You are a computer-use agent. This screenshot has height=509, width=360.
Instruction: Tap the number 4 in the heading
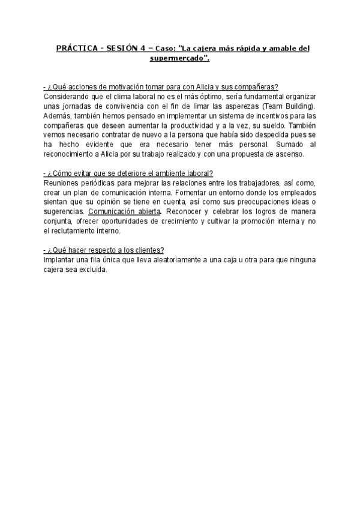pyautogui.click(x=153, y=48)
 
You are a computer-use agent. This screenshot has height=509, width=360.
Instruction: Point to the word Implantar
pyautogui.click(x=60, y=260)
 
